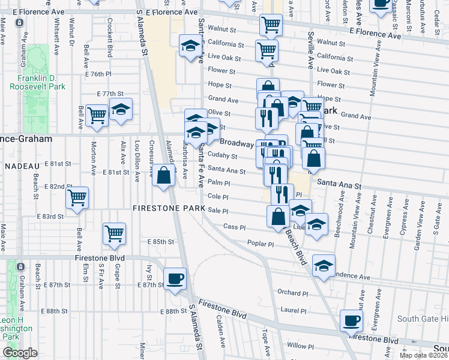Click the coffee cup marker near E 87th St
(x=175, y=278)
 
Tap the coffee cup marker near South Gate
(x=351, y=320)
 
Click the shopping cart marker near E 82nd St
(x=77, y=198)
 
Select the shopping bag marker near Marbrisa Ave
(x=163, y=176)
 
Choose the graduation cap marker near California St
(x=190, y=46)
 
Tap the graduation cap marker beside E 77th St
(x=121, y=110)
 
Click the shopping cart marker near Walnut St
(x=271, y=25)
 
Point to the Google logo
(x=20, y=352)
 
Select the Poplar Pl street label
(x=261, y=244)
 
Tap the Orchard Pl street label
(x=293, y=292)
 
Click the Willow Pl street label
(x=297, y=346)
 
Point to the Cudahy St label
(x=223, y=156)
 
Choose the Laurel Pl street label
(x=294, y=311)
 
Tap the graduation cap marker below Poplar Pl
(x=324, y=266)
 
